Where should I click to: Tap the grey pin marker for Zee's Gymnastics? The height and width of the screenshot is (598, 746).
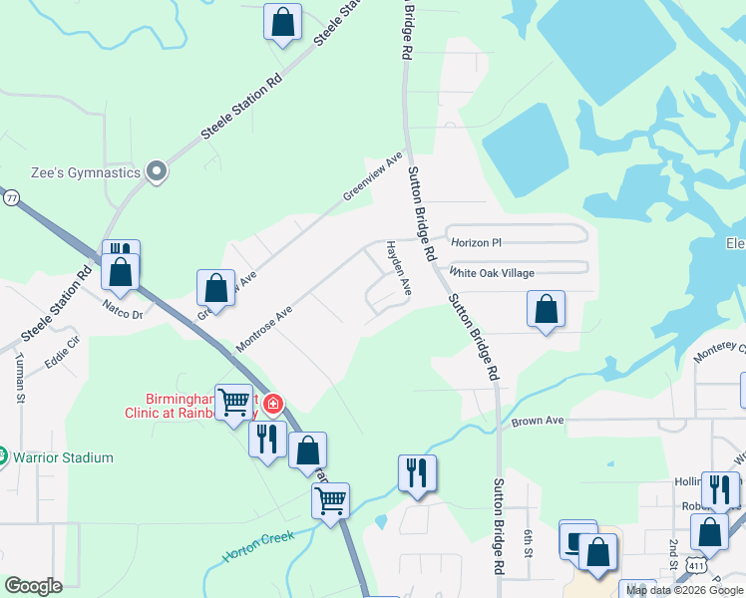click(156, 172)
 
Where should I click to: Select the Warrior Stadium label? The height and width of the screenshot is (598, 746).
click(63, 458)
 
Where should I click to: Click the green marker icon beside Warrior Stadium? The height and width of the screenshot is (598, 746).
click(3, 457)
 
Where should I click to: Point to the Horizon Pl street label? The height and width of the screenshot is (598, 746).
click(476, 242)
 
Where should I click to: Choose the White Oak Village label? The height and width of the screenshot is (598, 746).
click(492, 273)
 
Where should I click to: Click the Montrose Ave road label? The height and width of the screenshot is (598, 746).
click(263, 329)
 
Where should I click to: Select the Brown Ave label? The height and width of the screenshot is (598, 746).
click(538, 421)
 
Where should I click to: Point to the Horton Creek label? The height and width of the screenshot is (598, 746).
click(258, 546)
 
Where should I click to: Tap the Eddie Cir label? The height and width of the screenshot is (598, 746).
click(62, 355)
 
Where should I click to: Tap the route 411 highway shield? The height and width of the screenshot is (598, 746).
click(688, 566)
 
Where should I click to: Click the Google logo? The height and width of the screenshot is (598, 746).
click(33, 585)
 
